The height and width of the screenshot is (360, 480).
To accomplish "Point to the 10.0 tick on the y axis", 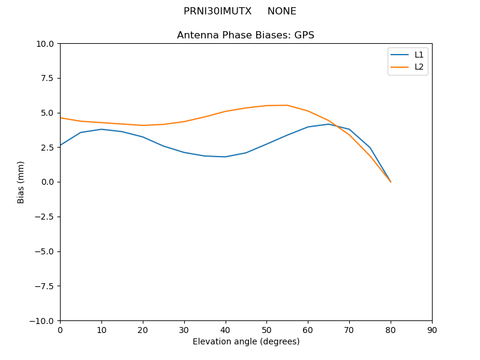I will click(47, 44).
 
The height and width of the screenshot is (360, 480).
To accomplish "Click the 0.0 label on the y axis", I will click(49, 182).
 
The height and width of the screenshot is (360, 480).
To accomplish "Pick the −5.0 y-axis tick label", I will click(46, 251).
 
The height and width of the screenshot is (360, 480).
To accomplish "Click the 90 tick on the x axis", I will click(432, 329).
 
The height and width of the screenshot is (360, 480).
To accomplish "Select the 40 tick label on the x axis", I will click(226, 329).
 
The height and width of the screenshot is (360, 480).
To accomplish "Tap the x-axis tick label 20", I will click(143, 329).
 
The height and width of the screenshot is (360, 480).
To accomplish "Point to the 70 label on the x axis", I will click(349, 329).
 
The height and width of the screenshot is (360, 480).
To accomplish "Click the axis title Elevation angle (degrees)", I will click(246, 341).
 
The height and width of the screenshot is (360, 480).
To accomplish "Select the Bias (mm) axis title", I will click(21, 182).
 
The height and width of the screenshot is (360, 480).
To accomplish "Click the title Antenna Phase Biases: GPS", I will click(245, 35).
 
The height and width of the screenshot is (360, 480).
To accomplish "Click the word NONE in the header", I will click(281, 11).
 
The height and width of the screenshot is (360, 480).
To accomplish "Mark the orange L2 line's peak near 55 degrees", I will click(287, 105).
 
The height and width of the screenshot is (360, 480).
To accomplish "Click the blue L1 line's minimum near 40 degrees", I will click(225, 157).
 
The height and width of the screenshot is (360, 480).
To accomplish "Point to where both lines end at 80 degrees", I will click(391, 182).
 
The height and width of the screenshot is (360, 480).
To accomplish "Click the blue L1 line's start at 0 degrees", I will click(60, 145).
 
